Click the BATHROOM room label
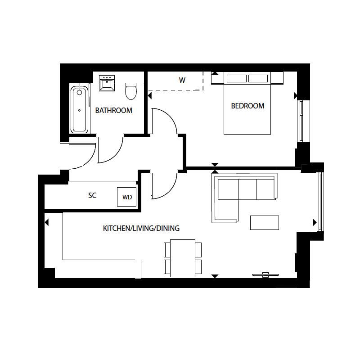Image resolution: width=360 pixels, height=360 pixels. (x=113, y=110)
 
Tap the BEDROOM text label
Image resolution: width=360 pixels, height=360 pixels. (x=247, y=106)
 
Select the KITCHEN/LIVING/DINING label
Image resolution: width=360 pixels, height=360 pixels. (x=141, y=229)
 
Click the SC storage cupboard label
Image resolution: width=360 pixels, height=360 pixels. (x=92, y=196)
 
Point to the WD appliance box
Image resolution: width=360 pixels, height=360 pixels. (x=127, y=197)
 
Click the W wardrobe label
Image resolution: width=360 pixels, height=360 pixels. (x=182, y=81)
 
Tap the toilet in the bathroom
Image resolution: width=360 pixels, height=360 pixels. (x=131, y=91)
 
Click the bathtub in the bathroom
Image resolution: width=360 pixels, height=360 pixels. (x=80, y=109)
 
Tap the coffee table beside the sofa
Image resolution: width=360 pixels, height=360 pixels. (x=265, y=223)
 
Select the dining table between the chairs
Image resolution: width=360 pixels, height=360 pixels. (x=183, y=258)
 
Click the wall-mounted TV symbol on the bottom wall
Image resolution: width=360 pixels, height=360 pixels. (x=266, y=274)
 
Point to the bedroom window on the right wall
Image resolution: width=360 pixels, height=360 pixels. (x=301, y=121)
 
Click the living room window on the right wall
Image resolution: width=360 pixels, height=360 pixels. (x=320, y=201)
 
